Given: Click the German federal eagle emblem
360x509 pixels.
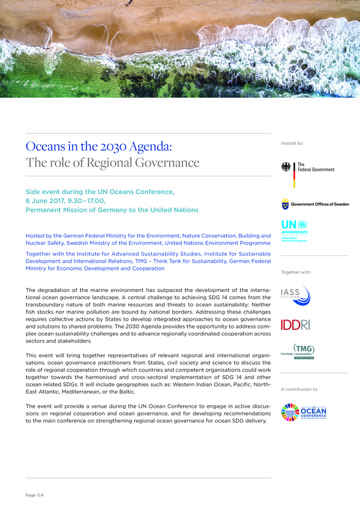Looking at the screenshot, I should [x=287, y=167].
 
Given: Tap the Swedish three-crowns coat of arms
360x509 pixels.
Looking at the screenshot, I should [x=286, y=204].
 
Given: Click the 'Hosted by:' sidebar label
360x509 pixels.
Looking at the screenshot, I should [x=292, y=144].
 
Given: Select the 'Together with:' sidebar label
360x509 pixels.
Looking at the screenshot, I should [x=296, y=272].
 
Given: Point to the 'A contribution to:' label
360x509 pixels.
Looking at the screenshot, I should [x=299, y=389].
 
